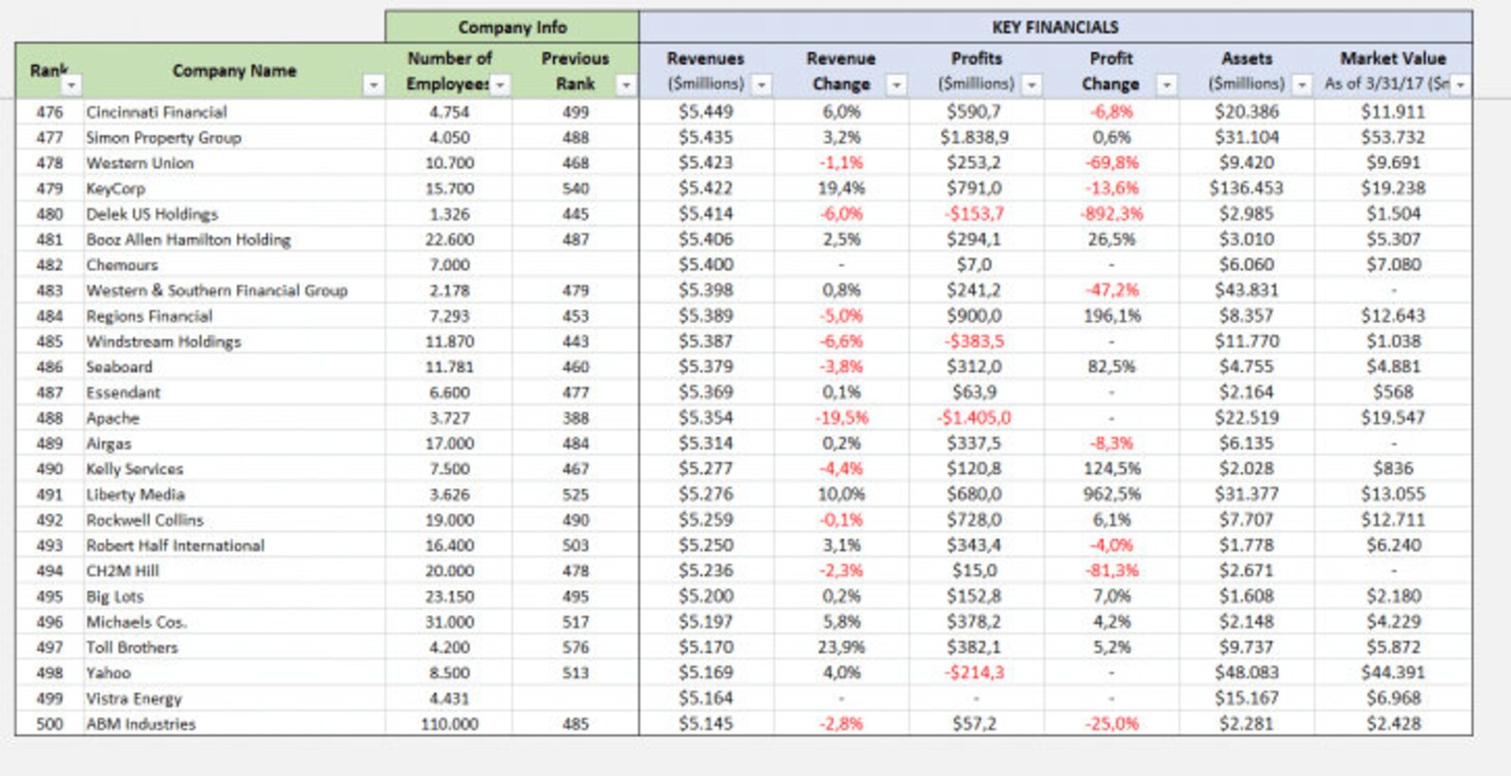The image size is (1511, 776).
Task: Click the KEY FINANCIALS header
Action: tap(1055, 27)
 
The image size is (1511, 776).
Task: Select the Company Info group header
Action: tap(512, 27)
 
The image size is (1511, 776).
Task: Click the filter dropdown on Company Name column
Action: tap(373, 86)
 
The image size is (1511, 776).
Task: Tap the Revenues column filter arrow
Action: tap(761, 86)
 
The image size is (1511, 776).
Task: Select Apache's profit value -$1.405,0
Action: tap(974, 418)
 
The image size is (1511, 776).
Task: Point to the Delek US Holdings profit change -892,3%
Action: tap(1110, 214)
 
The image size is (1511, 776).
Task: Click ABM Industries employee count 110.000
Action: tap(449, 724)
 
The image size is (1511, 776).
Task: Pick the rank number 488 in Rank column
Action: tap(49, 418)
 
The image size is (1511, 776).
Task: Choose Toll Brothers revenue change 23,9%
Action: tap(841, 647)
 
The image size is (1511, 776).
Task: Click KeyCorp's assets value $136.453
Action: tap(1246, 189)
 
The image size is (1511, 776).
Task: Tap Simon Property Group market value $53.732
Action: tap(1393, 137)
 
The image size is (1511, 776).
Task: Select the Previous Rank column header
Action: tap(575, 70)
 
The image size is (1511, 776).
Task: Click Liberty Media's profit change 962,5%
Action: tap(1111, 494)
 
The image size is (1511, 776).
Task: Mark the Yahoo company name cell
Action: tap(108, 673)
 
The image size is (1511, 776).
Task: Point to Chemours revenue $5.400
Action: tap(705, 265)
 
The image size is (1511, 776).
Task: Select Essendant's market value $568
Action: tap(1393, 392)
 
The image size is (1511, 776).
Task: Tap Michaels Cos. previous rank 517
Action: tap(575, 622)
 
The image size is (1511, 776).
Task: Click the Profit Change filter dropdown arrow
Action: tap(1166, 86)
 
